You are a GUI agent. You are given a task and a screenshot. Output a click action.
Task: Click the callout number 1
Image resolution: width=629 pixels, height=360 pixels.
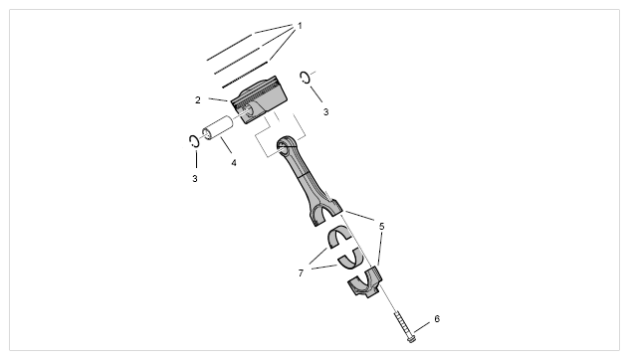tap(300, 26)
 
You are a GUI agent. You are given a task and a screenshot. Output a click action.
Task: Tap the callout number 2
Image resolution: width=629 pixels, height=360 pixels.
tap(198, 100)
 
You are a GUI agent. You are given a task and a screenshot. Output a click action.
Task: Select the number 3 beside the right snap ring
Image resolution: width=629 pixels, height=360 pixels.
tap(325, 112)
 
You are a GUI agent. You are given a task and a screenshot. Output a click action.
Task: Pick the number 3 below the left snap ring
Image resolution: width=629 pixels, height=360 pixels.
tap(195, 179)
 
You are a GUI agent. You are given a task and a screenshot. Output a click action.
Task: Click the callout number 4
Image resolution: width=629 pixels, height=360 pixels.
tap(234, 163)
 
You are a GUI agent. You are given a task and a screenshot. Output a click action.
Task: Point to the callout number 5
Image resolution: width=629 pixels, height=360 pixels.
tap(381, 227)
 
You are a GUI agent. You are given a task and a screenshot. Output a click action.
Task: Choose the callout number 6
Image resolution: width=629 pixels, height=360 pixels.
tap(437, 319)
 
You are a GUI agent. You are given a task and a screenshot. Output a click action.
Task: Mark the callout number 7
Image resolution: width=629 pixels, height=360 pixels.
tap(301, 273)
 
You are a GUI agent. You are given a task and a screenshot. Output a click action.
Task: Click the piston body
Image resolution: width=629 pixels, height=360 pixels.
tap(260, 99)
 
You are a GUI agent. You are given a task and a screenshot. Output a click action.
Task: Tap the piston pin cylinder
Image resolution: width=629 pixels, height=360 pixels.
tap(219, 127)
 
